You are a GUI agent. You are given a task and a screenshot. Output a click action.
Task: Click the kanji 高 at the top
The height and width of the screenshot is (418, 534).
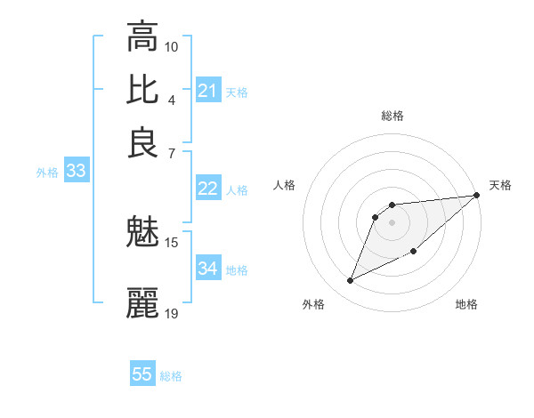[142, 36]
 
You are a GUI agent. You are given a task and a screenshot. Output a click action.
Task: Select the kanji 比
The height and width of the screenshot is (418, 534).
[142, 90]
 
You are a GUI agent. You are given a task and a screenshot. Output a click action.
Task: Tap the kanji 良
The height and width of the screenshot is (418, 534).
[142, 143]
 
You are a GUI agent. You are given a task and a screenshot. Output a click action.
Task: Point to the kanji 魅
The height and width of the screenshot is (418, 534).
[142, 232]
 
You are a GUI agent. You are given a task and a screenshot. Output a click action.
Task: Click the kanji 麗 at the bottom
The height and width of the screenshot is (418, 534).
[142, 303]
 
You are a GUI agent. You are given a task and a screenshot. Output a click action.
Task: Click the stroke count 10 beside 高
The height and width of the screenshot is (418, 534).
[172, 46]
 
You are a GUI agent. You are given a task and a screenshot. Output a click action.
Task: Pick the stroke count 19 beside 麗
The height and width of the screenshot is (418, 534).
[172, 313]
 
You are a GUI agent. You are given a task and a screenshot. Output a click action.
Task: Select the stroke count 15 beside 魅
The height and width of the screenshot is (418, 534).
[172, 242]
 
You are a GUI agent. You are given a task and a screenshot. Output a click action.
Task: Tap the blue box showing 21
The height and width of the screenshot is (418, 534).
[208, 91]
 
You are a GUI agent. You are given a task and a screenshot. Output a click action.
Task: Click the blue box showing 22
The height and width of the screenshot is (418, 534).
[208, 189]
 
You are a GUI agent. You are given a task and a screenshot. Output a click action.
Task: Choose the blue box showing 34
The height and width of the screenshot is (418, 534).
[208, 269]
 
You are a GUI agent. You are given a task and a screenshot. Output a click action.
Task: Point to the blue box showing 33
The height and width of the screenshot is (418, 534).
[76, 172]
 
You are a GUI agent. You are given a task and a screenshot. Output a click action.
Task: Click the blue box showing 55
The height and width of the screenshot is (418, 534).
[142, 374]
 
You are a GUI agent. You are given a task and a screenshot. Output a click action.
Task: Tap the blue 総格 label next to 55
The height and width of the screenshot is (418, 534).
[171, 376]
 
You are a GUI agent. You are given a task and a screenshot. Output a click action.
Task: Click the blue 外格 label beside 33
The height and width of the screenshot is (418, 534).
[46, 173]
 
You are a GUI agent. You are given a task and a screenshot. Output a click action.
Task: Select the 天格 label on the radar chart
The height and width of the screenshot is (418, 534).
[500, 185]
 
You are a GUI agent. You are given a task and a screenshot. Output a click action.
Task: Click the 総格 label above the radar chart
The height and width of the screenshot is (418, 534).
[392, 116]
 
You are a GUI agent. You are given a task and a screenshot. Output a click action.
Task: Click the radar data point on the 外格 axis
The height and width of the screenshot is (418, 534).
[351, 281]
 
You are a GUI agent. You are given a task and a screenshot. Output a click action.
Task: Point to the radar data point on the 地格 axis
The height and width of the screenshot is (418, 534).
[414, 251]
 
